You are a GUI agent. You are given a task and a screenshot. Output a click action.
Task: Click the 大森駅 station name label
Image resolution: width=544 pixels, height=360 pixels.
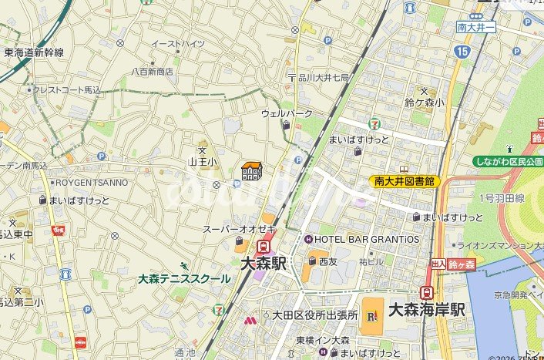pos(263,263)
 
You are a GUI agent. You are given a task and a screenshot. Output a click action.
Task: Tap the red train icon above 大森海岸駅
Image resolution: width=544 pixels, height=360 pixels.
pos(426,293)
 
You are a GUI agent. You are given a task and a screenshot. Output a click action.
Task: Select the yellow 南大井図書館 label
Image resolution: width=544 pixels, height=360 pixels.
pos(404,181)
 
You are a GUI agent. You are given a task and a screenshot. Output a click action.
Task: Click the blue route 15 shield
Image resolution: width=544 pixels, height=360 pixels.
pos(462,52)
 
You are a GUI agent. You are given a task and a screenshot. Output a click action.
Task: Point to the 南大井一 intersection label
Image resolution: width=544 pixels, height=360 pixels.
pos(476,27)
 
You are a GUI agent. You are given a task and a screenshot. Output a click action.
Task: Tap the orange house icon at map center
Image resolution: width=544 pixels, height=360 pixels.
pos(252,170)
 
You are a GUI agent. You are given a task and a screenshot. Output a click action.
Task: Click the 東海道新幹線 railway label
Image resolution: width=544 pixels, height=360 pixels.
pos(34,52)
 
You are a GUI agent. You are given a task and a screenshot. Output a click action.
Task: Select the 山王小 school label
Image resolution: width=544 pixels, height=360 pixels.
pos(203,162)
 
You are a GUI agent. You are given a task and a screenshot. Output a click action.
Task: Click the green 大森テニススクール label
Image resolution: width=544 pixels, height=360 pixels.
pos(184,278)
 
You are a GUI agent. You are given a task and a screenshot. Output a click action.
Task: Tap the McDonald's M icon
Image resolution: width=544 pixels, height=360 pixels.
pos(250,320)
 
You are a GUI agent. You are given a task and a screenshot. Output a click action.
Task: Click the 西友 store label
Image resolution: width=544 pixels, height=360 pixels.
pos(328,262)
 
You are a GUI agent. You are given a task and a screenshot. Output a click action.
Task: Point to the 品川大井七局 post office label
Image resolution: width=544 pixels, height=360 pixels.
pos(324,78)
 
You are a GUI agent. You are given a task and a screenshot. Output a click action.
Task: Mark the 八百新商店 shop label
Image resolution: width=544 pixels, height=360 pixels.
pos(152,71)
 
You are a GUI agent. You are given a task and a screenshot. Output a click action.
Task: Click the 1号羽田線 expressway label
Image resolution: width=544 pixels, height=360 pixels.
pos(502,198)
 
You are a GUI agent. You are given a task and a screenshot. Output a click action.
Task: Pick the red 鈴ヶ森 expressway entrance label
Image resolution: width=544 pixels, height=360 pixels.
pos(462,264)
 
